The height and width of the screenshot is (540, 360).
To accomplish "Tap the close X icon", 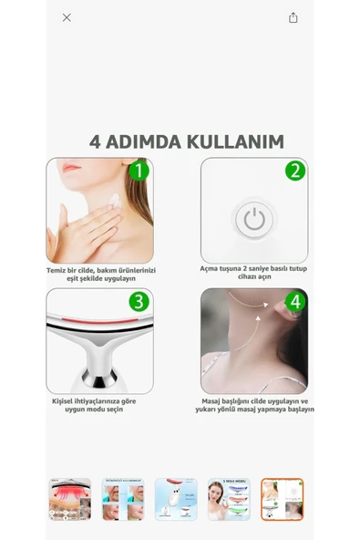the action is [x=67, y=17].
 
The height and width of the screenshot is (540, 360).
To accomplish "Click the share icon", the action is [x=293, y=17].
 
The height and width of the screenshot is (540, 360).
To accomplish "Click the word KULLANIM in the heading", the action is [x=235, y=141].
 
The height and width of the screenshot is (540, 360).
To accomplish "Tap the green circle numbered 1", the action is [x=139, y=171].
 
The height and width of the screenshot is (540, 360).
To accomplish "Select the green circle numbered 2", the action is [x=295, y=171].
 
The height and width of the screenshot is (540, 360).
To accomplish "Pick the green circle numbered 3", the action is [x=139, y=302].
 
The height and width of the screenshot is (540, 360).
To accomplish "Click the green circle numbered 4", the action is [x=295, y=302].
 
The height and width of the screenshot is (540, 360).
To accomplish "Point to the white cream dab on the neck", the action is [x=115, y=200].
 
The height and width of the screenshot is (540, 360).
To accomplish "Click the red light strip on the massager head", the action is [x=100, y=321].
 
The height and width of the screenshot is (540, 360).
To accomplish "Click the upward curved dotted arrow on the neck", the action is [x=249, y=333].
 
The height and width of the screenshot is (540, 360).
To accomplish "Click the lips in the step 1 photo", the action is [x=71, y=169].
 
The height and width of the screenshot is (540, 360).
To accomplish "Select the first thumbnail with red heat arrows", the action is [x=70, y=499].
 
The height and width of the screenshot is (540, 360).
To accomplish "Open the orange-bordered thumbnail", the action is [x=282, y=499].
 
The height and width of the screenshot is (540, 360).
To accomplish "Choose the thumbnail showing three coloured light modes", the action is [x=229, y=499].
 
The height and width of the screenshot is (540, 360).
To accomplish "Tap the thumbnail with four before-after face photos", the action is [x=123, y=499].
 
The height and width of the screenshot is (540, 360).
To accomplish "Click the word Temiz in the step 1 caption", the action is [x=56, y=270].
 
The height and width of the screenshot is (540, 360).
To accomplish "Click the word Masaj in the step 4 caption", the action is [x=211, y=401].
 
